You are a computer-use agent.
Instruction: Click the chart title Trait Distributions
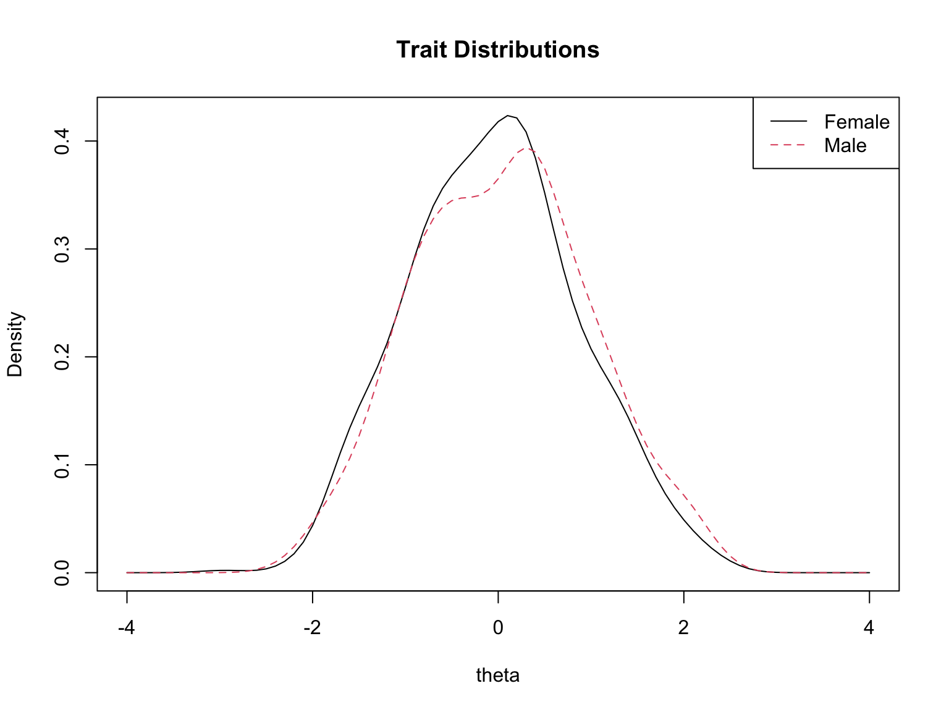pos(497,50)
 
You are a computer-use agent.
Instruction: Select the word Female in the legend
pos(856,122)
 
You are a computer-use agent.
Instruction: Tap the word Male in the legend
pos(845,146)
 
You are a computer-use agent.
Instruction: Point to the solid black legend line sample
pos(788,122)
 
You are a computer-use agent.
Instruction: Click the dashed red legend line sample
pos(788,145)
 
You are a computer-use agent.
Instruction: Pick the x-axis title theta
pos(497,676)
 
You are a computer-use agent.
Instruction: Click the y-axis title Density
pos(15,344)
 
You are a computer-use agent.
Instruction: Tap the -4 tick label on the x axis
pos(127,628)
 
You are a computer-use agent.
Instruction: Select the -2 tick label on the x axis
pos(312,628)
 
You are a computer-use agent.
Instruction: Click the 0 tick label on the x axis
pos(498,628)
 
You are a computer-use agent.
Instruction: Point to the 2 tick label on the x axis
pos(683,628)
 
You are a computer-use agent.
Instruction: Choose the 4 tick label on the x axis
pos(869,628)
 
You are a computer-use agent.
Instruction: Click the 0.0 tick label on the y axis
pos(62,572)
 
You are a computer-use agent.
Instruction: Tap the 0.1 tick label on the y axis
pos(62,465)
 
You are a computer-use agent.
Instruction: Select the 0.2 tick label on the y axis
pos(62,357)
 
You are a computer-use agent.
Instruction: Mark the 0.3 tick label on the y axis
pos(62,249)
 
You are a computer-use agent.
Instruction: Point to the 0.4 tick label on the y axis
pos(62,141)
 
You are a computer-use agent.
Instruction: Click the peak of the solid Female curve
pos(508,116)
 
